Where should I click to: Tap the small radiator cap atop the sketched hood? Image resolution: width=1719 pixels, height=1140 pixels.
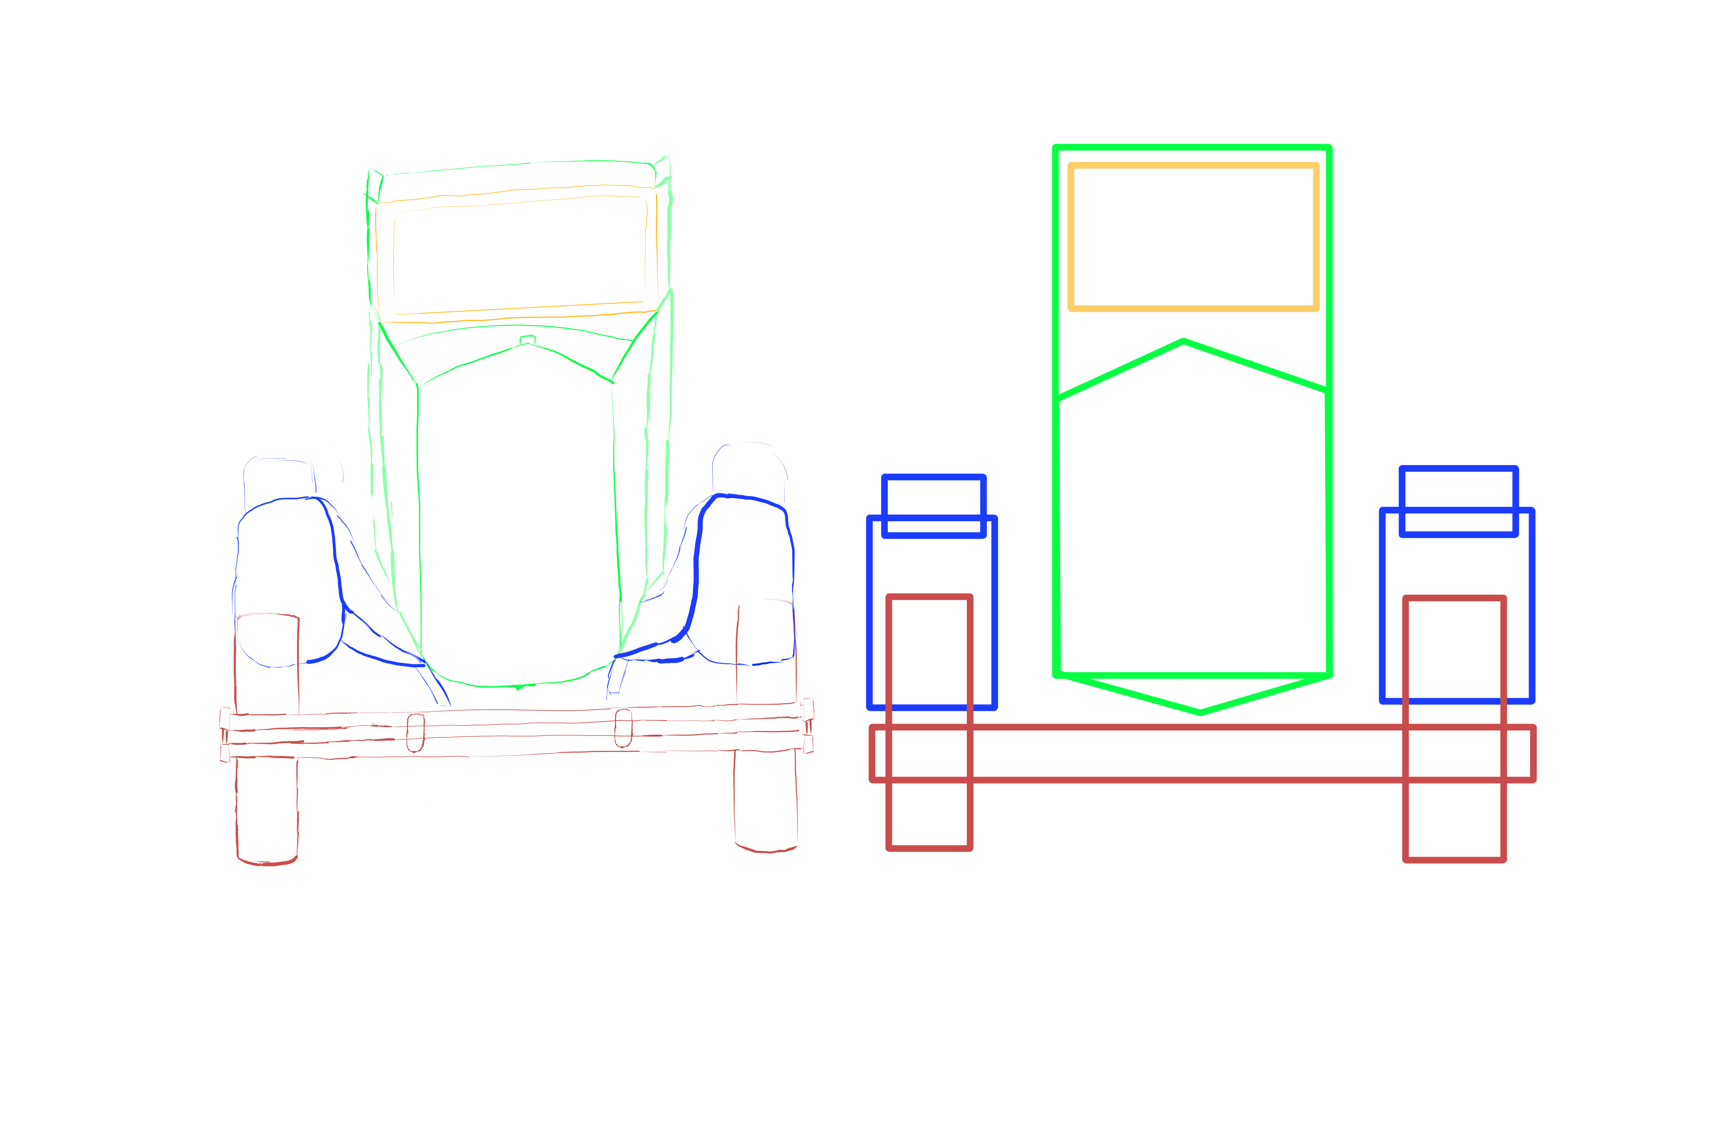(527, 340)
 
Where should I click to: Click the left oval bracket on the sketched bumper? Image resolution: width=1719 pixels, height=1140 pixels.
(415, 732)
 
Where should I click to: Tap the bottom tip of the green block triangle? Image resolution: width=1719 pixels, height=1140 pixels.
(1200, 712)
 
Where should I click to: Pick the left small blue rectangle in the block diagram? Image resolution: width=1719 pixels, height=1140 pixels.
(933, 507)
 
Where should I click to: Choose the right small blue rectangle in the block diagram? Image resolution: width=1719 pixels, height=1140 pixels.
(1458, 502)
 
